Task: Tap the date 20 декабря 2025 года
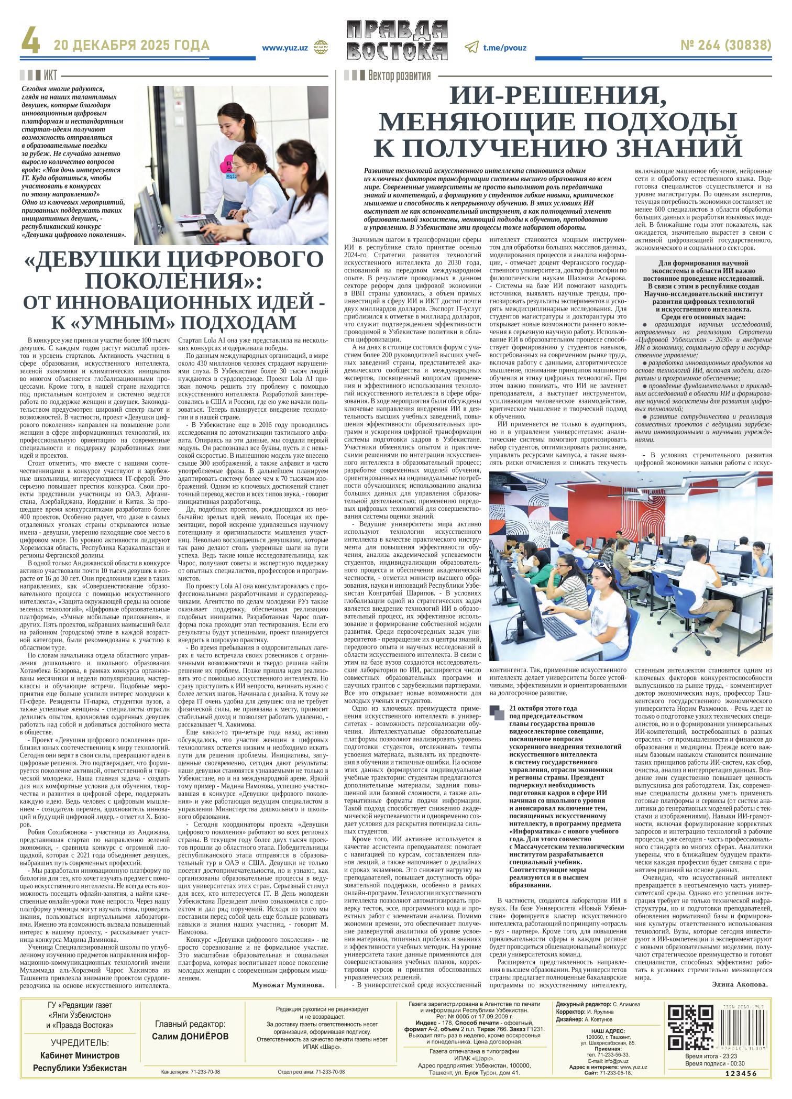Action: coord(131,46)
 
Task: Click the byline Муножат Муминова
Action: coord(288,984)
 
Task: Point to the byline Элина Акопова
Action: coord(740,984)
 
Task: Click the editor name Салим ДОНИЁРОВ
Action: coord(190,1037)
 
